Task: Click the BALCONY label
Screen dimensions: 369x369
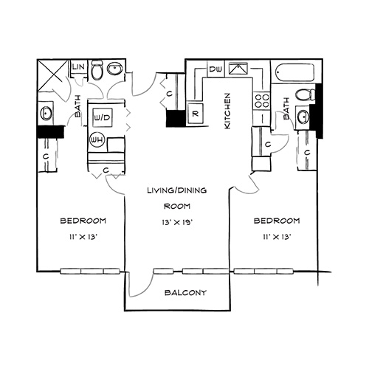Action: pos(185,293)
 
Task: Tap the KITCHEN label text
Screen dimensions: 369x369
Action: pos(227,111)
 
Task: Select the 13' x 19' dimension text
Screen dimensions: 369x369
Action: pos(177,222)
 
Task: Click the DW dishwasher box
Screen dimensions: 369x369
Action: pos(215,69)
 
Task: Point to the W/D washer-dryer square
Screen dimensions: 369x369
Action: pos(103,118)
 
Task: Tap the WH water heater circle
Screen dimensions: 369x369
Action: pos(97,140)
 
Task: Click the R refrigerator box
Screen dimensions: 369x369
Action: pos(196,114)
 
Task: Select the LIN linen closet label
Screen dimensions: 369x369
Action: pos(79,66)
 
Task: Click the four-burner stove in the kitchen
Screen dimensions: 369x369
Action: pos(262,101)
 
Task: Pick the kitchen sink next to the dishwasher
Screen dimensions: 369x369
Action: pos(238,69)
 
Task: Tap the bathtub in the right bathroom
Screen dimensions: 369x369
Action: pos(294,73)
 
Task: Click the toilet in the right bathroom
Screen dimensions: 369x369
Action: pos(306,94)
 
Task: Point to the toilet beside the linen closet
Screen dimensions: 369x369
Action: pos(97,70)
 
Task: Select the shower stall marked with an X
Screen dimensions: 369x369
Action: pos(52,75)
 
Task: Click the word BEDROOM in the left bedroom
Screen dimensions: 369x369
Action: pos(83,221)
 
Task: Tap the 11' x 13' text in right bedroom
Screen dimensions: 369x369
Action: pos(277,237)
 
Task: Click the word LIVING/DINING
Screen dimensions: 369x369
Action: pos(176,190)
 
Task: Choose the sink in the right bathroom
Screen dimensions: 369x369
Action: pos(303,117)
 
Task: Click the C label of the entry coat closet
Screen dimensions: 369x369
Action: pos(169,94)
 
